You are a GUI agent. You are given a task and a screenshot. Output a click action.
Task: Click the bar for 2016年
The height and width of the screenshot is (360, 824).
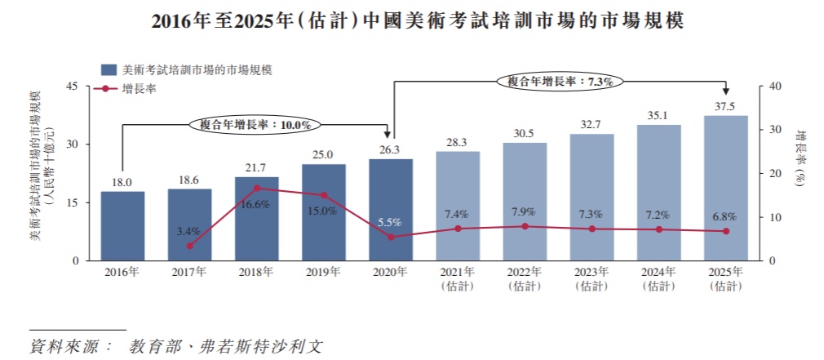(x=122, y=226)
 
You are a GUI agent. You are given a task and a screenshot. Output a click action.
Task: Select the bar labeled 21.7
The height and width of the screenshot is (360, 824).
(x=256, y=219)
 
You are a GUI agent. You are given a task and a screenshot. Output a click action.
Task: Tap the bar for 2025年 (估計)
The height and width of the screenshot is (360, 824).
(x=725, y=188)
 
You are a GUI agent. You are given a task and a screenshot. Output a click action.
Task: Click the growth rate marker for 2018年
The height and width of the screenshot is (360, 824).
(x=256, y=189)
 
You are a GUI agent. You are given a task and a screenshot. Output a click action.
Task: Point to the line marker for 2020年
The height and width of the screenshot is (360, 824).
(x=391, y=237)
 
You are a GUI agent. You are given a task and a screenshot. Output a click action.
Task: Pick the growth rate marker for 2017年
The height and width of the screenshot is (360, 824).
(x=189, y=246)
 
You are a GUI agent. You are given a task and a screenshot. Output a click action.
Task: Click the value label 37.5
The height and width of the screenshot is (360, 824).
(x=725, y=106)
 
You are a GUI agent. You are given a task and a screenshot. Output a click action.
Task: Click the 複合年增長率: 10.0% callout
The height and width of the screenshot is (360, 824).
(x=255, y=125)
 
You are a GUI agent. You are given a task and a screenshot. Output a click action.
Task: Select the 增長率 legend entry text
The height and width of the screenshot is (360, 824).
(x=139, y=89)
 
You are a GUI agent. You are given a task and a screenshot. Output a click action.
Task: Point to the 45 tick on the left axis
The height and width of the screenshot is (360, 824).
(x=72, y=87)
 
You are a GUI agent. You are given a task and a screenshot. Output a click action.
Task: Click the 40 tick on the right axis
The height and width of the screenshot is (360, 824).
(x=776, y=87)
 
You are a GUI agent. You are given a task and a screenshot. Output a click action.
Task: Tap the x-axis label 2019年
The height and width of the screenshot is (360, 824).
(x=323, y=272)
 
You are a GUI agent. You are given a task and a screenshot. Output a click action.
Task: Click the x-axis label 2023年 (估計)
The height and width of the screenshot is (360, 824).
(x=591, y=278)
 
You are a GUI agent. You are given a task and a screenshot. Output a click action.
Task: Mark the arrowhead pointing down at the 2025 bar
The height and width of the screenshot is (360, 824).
(x=725, y=92)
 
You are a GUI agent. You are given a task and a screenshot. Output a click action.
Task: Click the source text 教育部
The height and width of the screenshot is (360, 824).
(x=150, y=346)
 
